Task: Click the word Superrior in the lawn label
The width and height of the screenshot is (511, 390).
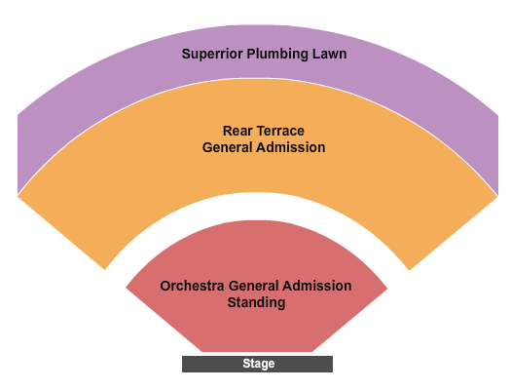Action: pos(212,55)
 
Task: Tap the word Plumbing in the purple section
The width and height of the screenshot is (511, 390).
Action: pos(277,55)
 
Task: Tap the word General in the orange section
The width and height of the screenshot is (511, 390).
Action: pos(227,147)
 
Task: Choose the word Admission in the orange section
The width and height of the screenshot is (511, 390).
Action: pos(291,147)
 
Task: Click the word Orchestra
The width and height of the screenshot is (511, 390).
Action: pos(192,286)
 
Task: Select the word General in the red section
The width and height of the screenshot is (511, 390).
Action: pos(253,286)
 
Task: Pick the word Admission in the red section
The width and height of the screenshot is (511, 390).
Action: pos(316,286)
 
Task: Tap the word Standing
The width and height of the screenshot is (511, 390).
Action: pos(257,302)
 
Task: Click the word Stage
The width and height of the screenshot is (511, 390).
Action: pos(259,364)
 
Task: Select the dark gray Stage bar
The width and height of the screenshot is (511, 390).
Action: pos(257,364)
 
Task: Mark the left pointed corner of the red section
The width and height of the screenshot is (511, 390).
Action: pos(126,288)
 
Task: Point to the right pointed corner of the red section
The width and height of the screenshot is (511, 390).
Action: pos(387,289)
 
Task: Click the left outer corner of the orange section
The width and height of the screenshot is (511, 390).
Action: pos(18,196)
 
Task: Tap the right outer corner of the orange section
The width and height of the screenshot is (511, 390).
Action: pos(497,196)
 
